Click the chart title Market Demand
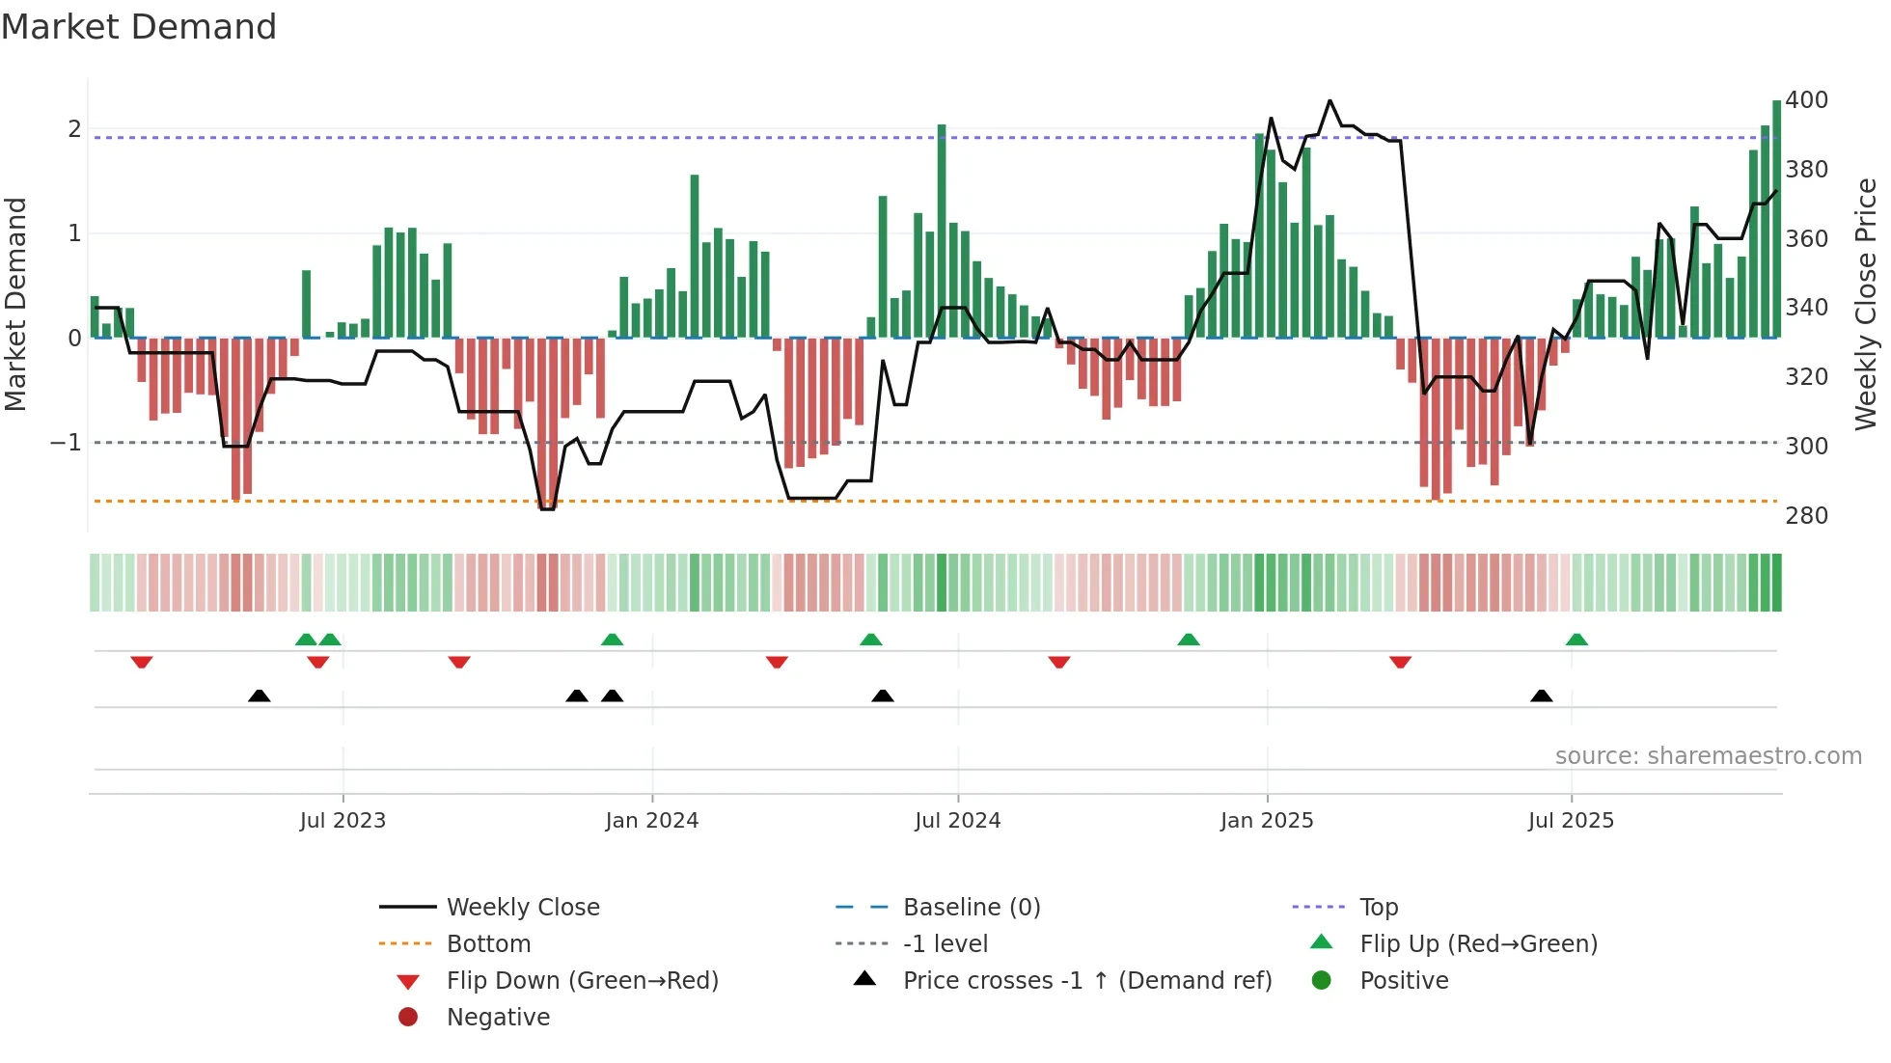coord(139,27)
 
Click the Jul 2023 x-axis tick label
coord(343,821)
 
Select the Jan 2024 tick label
coord(651,821)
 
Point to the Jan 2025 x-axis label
coord(1266,821)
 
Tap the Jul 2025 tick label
coord(1571,821)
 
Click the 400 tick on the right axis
coord(1806,100)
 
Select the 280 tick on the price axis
coord(1806,516)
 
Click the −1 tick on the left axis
coord(66,443)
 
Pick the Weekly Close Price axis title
coord(1866,304)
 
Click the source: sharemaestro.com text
coord(1708,756)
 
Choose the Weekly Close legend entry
coord(522,908)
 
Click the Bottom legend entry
coord(488,944)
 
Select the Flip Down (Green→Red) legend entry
coord(582,981)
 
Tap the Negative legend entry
coord(498,1018)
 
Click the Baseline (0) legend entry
coord(971,908)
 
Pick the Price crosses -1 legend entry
coord(1086,981)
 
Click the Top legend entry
coord(1378,908)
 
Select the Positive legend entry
coord(1403,981)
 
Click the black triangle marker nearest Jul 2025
coord(1541,696)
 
